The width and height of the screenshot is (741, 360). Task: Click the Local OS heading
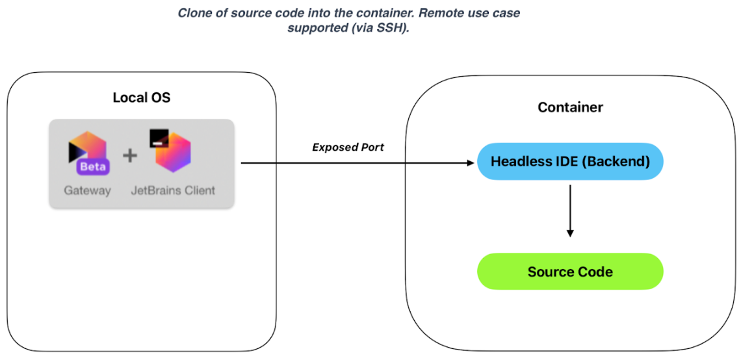(x=141, y=97)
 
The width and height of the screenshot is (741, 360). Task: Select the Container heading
(x=571, y=107)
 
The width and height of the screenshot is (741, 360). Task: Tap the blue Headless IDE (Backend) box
(x=571, y=161)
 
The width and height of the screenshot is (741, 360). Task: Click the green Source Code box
(x=571, y=272)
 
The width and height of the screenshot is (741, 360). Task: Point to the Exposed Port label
(x=348, y=148)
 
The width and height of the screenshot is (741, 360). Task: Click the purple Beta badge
(x=93, y=167)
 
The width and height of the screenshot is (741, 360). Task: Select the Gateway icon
(x=88, y=152)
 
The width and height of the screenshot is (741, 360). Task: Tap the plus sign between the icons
(x=130, y=155)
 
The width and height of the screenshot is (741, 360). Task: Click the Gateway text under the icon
(x=88, y=190)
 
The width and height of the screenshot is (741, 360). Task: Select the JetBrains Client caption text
(x=173, y=190)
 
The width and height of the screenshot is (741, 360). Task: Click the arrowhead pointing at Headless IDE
(x=470, y=163)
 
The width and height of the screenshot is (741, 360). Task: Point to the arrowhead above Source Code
(x=571, y=233)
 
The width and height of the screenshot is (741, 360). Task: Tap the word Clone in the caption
(x=194, y=13)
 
